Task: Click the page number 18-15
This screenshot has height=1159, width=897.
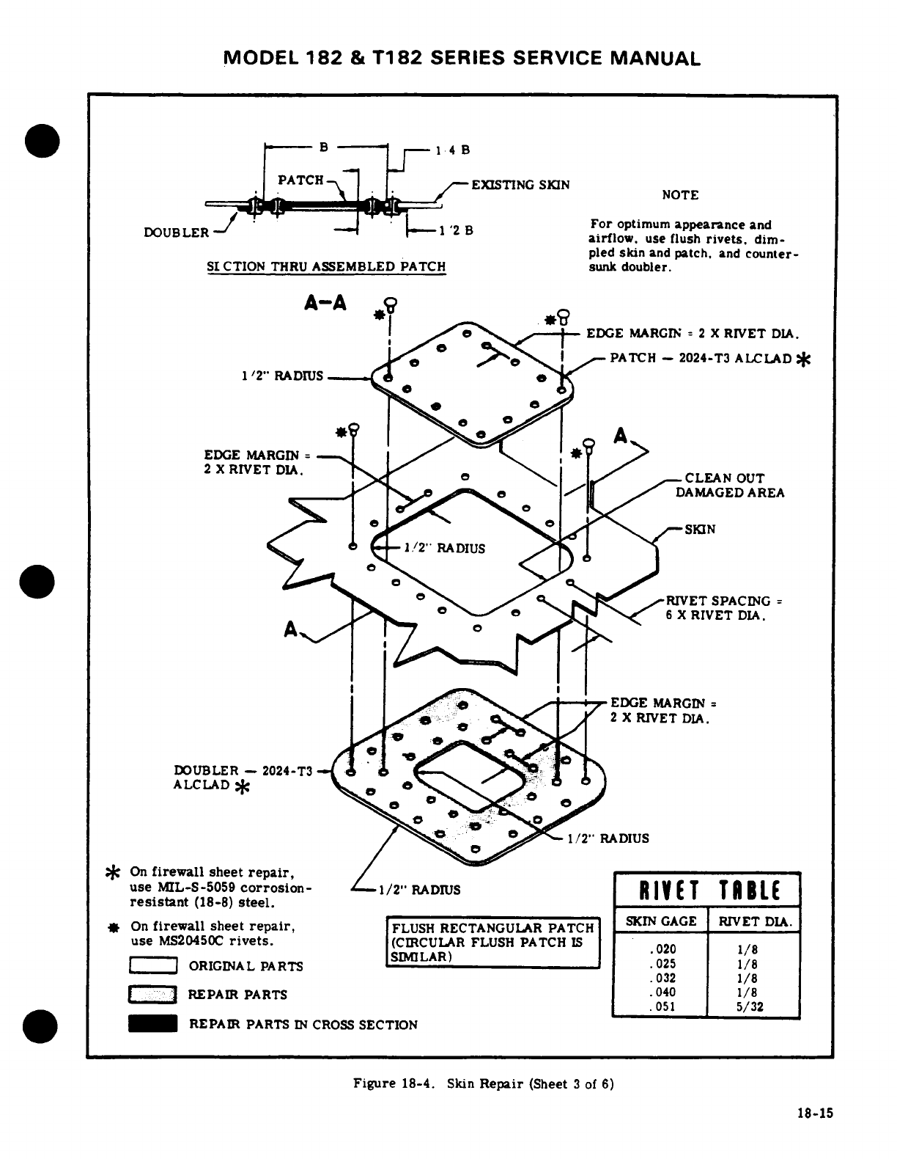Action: (815, 1113)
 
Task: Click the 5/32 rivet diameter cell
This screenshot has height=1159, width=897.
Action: (753, 1006)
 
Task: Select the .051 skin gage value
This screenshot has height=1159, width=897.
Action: (662, 1006)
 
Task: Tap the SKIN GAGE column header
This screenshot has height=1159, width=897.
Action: (660, 921)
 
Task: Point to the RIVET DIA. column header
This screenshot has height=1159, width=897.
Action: (753, 921)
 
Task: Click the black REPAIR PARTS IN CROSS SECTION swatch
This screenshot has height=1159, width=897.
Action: (153, 1024)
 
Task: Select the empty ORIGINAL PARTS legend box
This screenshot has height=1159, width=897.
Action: (153, 966)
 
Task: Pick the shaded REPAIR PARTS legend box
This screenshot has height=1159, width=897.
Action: (153, 995)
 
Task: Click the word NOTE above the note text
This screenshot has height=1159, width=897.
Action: (680, 195)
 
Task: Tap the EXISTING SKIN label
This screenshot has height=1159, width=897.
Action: (520, 185)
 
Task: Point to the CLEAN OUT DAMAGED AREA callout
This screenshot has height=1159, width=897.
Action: (729, 485)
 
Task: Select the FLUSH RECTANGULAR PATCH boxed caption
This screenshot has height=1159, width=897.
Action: (492, 943)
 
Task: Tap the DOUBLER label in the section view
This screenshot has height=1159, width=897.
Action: (177, 233)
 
